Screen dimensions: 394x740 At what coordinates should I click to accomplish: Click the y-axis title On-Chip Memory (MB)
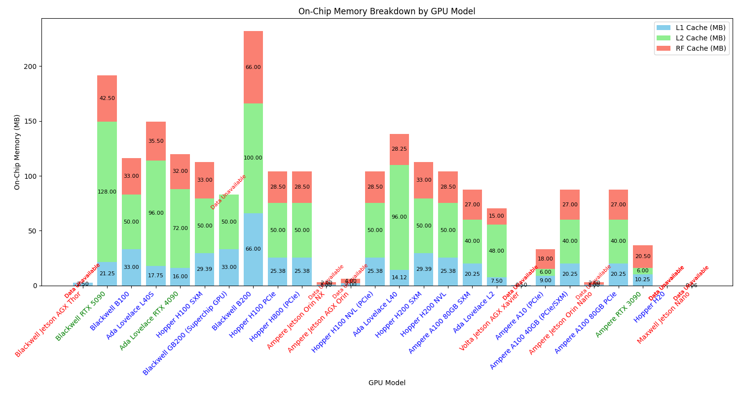coord(18,152)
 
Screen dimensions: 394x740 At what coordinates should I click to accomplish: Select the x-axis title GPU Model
coord(387,383)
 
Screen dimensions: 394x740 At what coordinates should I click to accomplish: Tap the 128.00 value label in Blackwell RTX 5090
coord(107,192)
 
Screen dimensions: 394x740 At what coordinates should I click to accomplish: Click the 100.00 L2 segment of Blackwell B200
coord(253,158)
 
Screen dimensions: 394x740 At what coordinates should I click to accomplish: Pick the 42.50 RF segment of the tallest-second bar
coord(107,98)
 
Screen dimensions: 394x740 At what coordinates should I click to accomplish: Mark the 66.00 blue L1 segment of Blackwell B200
coord(253,249)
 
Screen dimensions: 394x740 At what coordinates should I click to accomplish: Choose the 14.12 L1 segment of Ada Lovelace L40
coord(399,277)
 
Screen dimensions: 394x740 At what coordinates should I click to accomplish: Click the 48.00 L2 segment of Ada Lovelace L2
coord(497,251)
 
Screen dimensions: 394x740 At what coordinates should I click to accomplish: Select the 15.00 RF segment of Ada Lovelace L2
coord(497,216)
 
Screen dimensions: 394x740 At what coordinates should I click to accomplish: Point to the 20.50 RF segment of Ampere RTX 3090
coord(643,257)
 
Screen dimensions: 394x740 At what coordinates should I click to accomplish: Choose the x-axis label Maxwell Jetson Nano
coord(664,317)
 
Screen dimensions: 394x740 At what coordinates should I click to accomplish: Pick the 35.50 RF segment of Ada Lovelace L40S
coord(156,141)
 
